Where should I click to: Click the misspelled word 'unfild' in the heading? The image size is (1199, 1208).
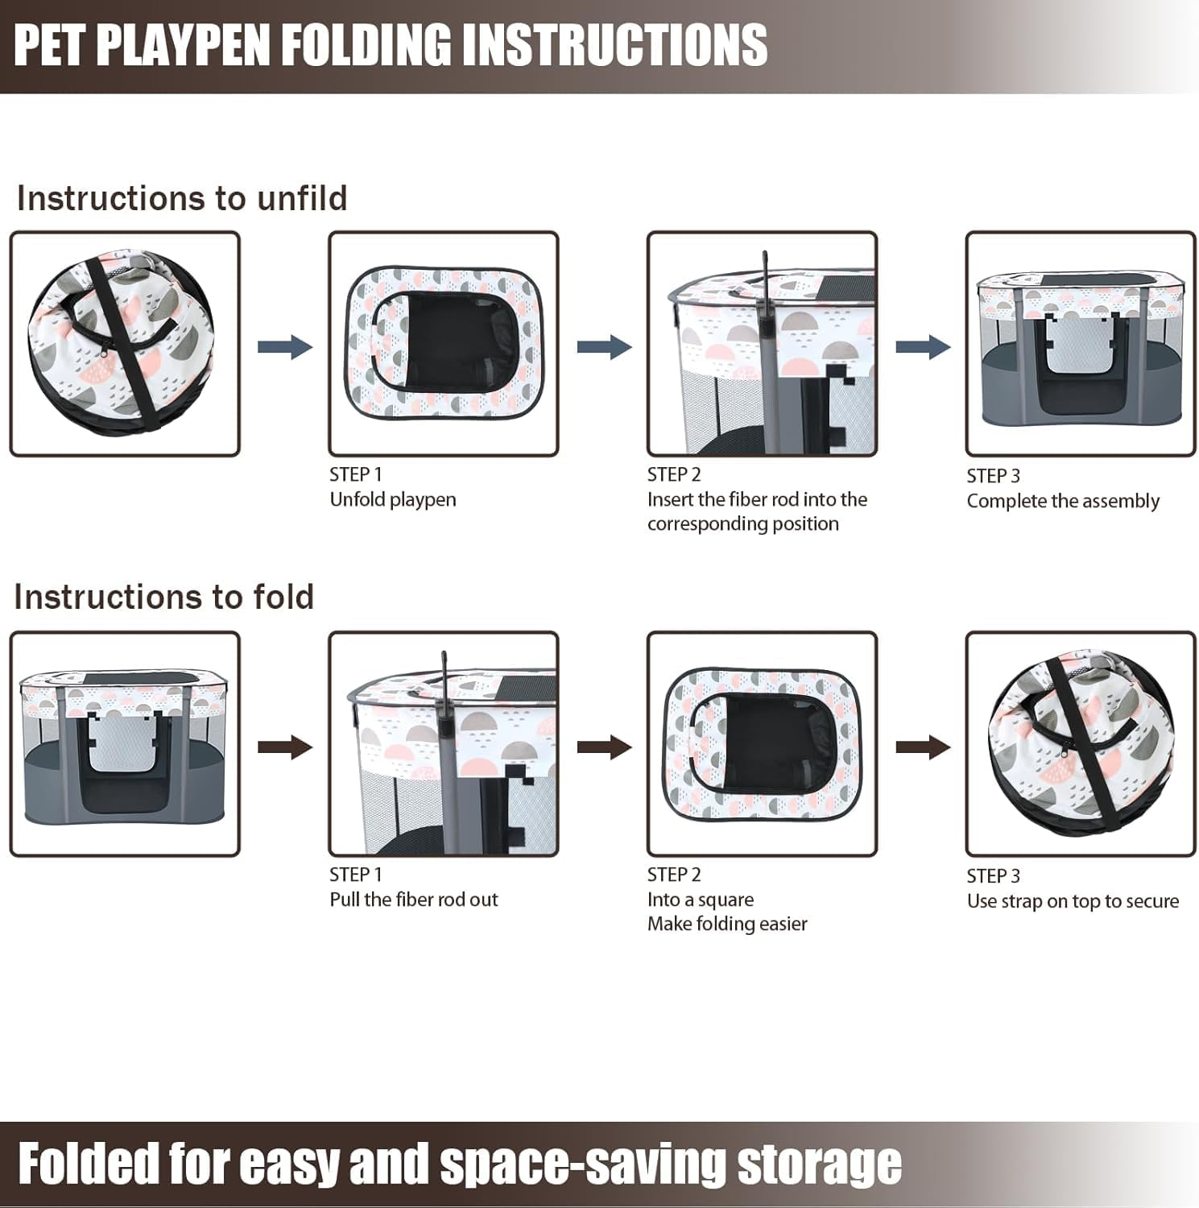[x=302, y=198]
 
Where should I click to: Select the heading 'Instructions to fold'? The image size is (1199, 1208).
[x=163, y=597]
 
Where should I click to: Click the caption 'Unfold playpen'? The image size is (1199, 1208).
[x=392, y=499]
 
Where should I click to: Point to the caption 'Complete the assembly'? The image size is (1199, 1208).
[x=1062, y=501]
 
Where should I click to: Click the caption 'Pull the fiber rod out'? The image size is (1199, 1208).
[x=413, y=900]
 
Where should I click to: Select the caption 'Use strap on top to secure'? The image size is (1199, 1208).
[x=1073, y=901]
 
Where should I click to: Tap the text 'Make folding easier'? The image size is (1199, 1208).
[x=726, y=924]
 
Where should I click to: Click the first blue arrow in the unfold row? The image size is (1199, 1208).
[x=285, y=347]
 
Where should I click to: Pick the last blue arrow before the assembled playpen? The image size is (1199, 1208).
[x=923, y=347]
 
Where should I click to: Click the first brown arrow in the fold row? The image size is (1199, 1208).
[x=285, y=747]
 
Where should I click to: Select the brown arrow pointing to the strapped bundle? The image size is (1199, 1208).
[x=923, y=747]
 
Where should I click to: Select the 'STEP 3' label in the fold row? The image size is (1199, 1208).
[x=993, y=876]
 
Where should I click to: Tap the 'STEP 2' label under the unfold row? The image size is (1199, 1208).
[x=674, y=474]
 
